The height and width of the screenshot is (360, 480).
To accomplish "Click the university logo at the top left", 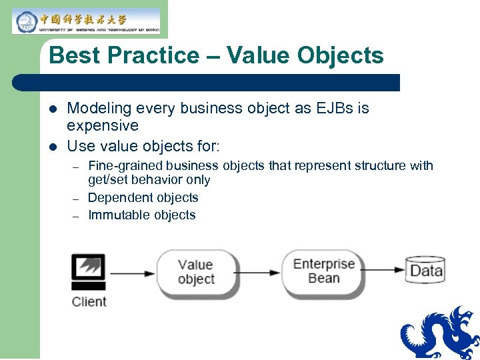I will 86,21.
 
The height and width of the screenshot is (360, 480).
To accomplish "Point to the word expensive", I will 103,125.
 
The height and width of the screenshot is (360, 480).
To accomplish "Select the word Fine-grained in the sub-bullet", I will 125,165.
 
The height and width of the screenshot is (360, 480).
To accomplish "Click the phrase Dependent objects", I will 143,197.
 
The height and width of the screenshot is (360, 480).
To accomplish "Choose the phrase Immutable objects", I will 141,215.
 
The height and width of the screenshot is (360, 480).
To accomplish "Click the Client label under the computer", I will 89,301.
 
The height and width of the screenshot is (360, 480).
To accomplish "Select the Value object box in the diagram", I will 195,272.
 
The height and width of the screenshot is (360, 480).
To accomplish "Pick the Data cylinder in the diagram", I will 425,271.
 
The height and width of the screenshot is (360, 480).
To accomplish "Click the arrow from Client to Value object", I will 132,273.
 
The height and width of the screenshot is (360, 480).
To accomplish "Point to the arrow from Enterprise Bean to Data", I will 385,271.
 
